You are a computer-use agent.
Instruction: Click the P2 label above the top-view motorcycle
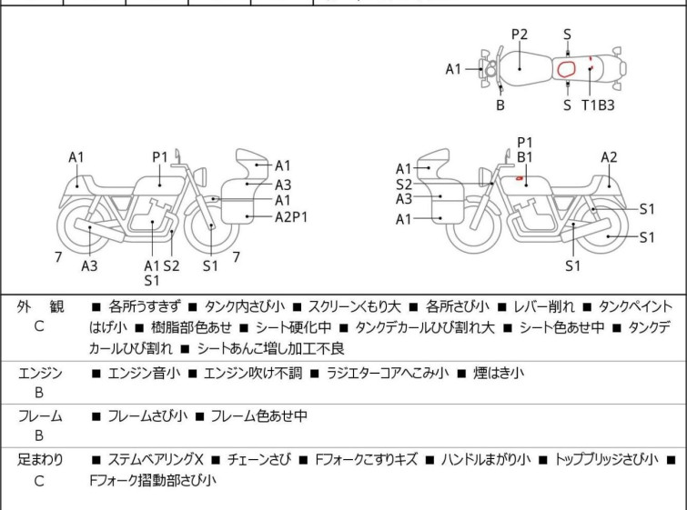point(520,35)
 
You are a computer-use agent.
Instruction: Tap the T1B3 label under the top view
point(598,105)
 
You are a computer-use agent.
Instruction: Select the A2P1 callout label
point(292,216)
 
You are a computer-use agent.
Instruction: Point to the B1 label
point(525,157)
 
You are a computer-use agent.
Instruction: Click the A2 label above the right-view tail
point(609,157)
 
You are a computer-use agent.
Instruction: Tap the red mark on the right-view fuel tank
point(519,179)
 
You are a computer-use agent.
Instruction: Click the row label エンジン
point(40,373)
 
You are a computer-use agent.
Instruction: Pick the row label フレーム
point(40,416)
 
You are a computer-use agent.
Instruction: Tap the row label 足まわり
point(40,460)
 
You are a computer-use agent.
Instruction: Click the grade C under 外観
point(39,325)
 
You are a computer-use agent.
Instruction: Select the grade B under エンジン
point(39,392)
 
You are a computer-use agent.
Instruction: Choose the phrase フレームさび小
point(146,416)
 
